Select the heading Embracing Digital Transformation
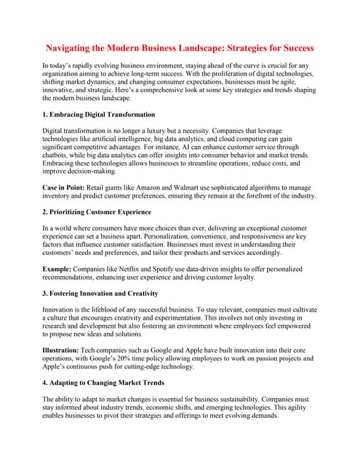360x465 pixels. click(x=103, y=115)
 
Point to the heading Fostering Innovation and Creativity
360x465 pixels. click(x=103, y=292)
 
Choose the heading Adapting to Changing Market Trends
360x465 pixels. click(x=106, y=382)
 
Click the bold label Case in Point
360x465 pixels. click(x=68, y=187)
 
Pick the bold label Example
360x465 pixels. click(x=60, y=268)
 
